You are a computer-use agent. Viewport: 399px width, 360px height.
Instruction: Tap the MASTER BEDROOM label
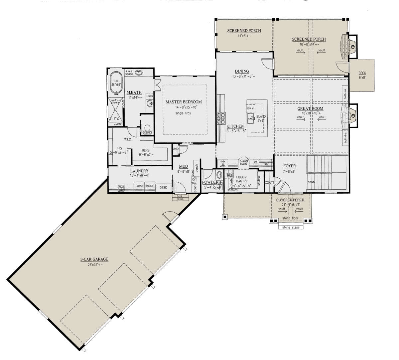(x=184, y=102)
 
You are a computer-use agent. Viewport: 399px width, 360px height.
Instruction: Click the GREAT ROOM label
(x=310, y=108)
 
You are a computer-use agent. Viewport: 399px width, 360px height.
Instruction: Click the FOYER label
(x=289, y=166)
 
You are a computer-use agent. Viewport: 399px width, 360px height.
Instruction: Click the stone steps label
(x=291, y=228)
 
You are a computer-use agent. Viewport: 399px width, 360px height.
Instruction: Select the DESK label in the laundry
(x=163, y=188)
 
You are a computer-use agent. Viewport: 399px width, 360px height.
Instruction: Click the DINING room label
(x=242, y=71)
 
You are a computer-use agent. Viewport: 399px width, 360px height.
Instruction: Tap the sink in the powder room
(x=219, y=175)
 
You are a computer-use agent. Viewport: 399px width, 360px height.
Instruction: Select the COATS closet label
(x=269, y=183)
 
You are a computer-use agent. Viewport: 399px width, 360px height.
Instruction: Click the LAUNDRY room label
(x=139, y=171)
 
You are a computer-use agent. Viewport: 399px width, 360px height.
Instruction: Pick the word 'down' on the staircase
(x=311, y=182)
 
